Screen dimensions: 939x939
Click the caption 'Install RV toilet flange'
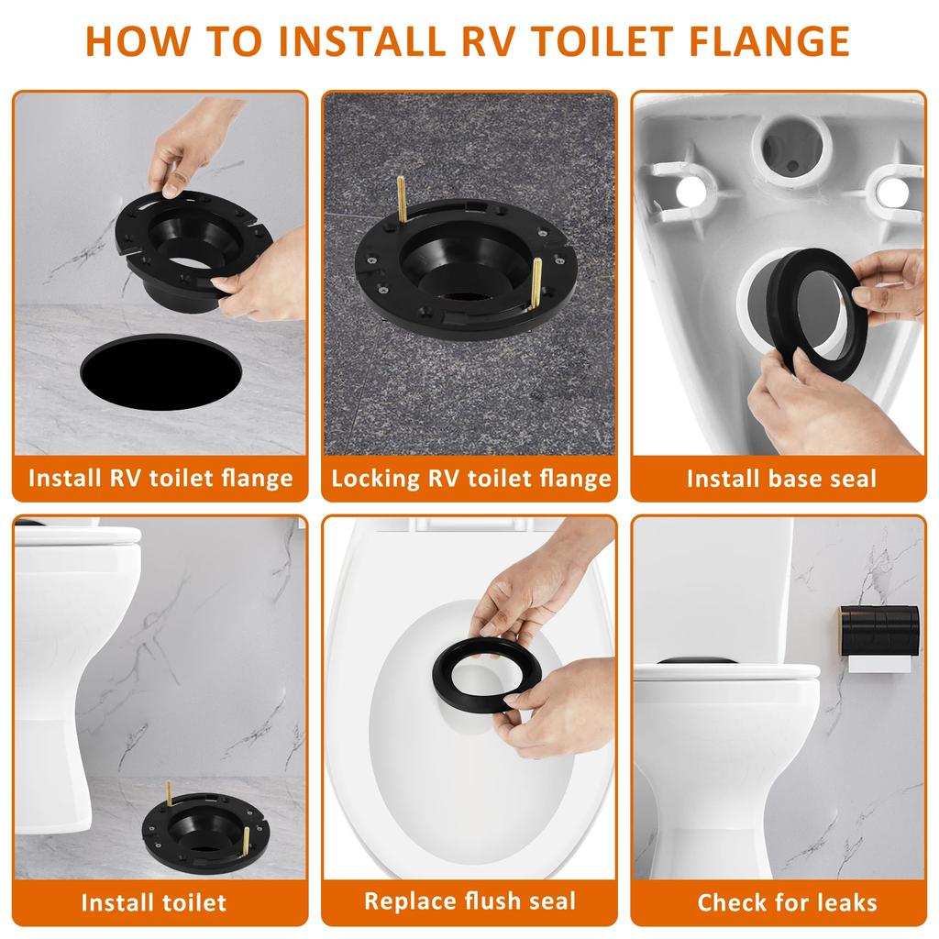click(160, 478)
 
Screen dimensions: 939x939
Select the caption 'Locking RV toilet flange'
click(470, 478)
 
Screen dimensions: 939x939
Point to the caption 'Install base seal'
click(781, 478)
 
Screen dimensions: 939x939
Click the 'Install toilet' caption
click(153, 901)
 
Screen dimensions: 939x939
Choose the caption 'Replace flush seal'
click(469, 900)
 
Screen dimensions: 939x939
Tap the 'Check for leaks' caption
click(787, 901)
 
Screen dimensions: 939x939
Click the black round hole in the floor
click(160, 371)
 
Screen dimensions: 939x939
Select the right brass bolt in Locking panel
click(536, 284)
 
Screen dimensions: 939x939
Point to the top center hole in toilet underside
click(791, 148)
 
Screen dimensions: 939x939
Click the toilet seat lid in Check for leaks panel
click(724, 670)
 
